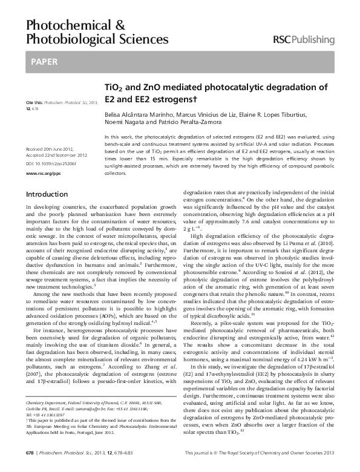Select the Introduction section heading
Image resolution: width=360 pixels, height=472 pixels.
click(47, 195)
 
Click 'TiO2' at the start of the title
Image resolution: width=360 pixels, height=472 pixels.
click(115, 87)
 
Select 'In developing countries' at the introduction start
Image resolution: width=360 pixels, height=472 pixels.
click(54, 208)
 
